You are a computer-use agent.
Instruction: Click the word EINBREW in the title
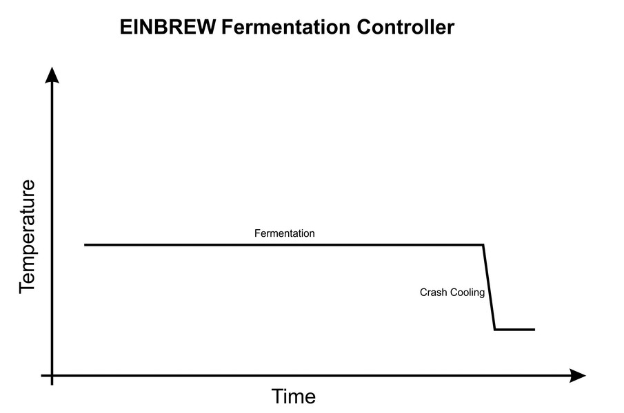point(168,28)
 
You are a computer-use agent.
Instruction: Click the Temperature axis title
point(27,237)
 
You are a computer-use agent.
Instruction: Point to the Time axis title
point(293,396)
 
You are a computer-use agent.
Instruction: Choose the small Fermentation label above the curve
point(284,233)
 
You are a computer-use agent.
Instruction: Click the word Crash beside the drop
point(433,293)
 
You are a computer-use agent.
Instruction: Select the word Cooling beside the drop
point(467,293)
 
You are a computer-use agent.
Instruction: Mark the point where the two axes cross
point(52,376)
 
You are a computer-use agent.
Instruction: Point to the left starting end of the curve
point(85,244)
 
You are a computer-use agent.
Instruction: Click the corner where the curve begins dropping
point(483,244)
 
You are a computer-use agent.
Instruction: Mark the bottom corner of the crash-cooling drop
point(494,330)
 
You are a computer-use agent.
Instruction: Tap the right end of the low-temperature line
point(534,330)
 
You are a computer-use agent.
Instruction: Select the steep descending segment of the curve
point(489,287)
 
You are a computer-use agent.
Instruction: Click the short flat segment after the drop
point(514,330)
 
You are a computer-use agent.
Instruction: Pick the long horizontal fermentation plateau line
point(283,244)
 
